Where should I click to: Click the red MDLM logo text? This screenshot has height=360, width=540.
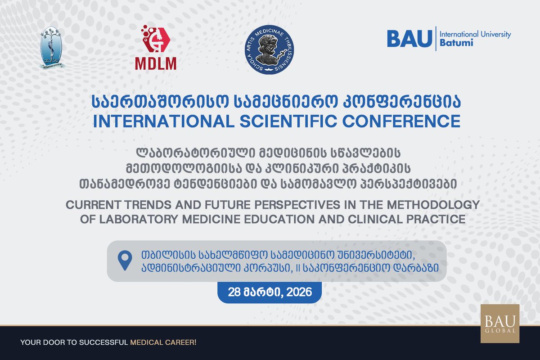coord(156,63)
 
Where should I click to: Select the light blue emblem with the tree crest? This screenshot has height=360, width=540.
coord(52,48)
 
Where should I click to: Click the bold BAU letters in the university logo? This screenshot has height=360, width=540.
coord(409,39)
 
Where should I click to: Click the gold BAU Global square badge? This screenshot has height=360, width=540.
coord(499,324)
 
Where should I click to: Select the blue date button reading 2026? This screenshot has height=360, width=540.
coord(270,292)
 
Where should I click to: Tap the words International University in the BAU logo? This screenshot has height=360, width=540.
coord(475,34)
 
